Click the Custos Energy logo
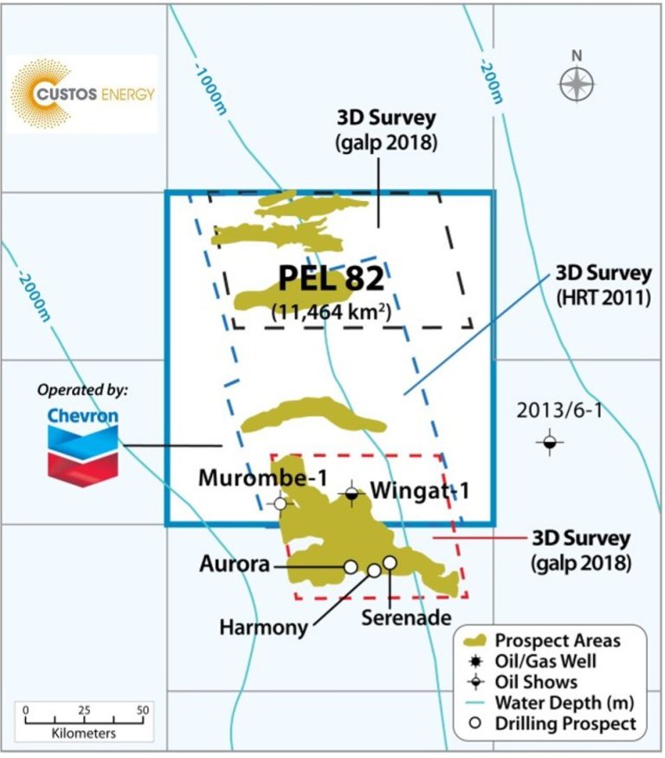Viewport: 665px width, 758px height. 83,93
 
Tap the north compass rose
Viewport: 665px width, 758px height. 577,84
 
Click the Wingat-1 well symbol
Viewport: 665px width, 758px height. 352,494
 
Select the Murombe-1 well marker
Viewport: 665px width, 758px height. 280,503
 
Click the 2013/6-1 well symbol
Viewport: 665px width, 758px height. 549,443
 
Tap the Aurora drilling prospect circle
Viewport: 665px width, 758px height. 351,567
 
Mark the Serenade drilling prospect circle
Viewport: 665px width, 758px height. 390,563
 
